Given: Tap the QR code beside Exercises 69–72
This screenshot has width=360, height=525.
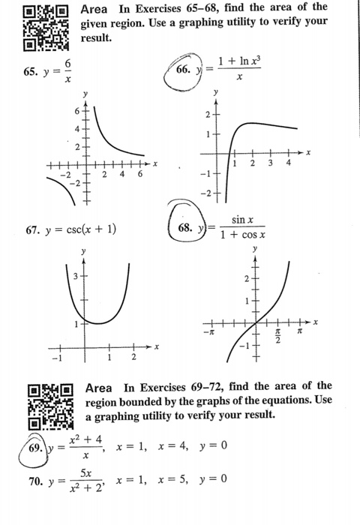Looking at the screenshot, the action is (50, 406).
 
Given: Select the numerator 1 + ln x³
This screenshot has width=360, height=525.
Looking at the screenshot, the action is (239, 62).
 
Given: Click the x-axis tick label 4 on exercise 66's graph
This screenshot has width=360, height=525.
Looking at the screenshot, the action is (288, 163).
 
